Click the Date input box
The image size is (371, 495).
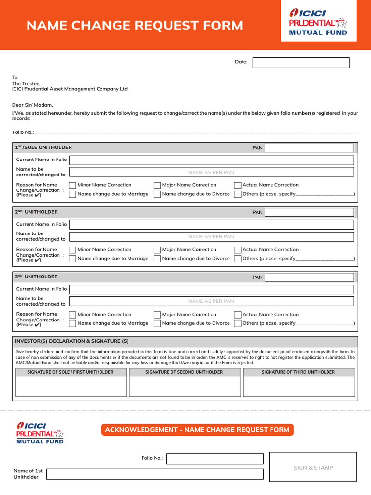300,62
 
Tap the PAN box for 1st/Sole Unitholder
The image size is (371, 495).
309,148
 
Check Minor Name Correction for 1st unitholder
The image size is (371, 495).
72,185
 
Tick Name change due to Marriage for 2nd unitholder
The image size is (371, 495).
72,259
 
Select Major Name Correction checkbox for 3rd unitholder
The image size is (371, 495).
157,315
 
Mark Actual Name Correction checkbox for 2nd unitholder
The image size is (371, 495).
238,250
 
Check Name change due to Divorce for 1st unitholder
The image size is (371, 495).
157,194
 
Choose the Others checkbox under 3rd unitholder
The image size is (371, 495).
238,323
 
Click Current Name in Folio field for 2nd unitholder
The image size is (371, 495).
211,224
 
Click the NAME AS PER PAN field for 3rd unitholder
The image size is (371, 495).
211,301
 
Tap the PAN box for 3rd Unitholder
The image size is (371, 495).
309,277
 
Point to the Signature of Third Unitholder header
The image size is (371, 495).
298,372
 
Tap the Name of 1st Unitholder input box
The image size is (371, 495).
155,474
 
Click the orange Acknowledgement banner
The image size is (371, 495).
197,430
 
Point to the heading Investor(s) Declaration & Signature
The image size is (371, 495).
72,341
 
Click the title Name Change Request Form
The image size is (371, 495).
135,25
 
